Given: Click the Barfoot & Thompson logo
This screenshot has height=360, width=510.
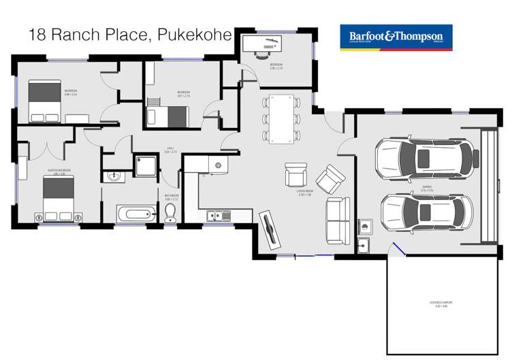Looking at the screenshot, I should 396,38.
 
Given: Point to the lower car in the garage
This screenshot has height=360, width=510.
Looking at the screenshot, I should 427,212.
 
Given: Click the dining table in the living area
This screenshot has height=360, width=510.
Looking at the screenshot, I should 281,118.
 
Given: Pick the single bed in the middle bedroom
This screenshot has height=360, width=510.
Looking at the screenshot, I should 167,116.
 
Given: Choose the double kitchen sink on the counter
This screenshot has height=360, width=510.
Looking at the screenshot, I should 219,216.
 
